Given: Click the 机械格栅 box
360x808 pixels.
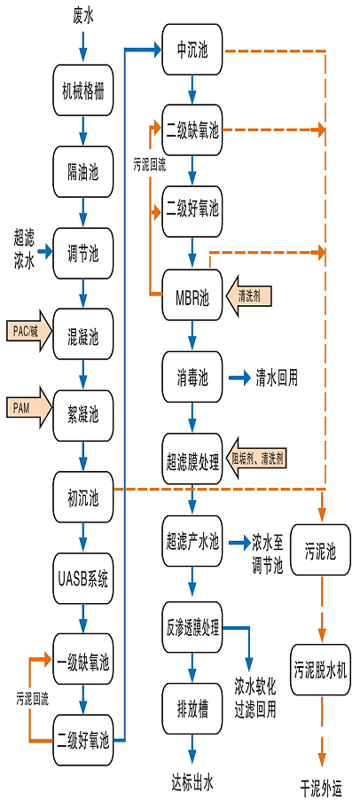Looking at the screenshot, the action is [x=83, y=90].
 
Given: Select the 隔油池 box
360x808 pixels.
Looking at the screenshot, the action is [x=83, y=172].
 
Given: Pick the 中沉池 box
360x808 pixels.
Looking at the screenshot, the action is [x=192, y=50].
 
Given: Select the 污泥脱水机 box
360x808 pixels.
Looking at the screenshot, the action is [x=321, y=670].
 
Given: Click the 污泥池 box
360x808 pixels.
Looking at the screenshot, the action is [x=321, y=551].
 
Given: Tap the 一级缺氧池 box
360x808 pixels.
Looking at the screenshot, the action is [x=83, y=661].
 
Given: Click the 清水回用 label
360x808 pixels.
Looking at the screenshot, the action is [x=278, y=379].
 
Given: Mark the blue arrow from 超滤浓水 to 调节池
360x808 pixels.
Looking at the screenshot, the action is [x=44, y=252].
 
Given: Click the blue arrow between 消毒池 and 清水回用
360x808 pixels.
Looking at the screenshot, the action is [x=240, y=379].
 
